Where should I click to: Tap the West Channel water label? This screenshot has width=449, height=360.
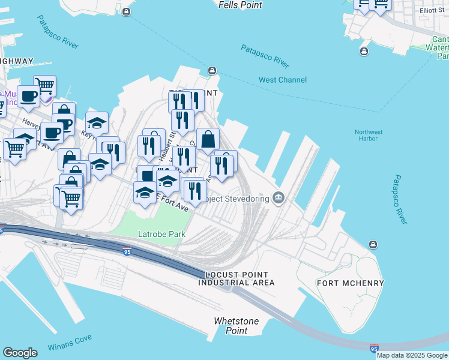click(x=282, y=80)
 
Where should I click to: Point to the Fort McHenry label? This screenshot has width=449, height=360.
click(x=350, y=283)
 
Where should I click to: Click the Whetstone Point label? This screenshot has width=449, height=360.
click(x=237, y=326)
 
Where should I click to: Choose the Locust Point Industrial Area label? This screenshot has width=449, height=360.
click(x=237, y=278)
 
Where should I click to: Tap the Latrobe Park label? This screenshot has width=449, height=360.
click(x=161, y=234)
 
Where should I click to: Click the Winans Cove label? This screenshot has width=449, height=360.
click(x=70, y=339)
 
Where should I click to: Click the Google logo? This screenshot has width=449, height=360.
click(x=20, y=353)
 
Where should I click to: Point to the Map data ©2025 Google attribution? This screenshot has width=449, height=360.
click(x=412, y=355)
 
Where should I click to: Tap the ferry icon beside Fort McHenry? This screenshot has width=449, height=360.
click(x=373, y=244)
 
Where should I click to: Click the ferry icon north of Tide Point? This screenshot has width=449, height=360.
click(x=211, y=71)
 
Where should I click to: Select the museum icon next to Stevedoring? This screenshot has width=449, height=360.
click(x=278, y=197)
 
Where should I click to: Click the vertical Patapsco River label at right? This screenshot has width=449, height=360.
click(x=400, y=200)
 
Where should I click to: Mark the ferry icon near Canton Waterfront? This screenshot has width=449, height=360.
click(x=364, y=51)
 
